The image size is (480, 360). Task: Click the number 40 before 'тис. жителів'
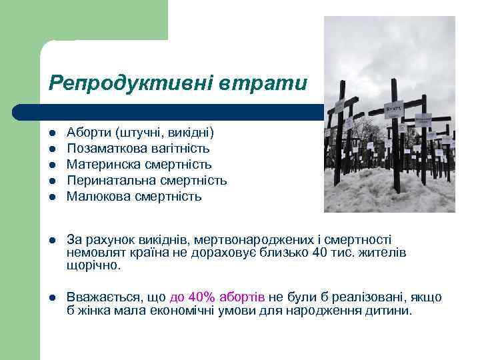319,253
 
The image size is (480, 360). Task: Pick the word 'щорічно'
93,265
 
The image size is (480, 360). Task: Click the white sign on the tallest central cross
393,108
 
